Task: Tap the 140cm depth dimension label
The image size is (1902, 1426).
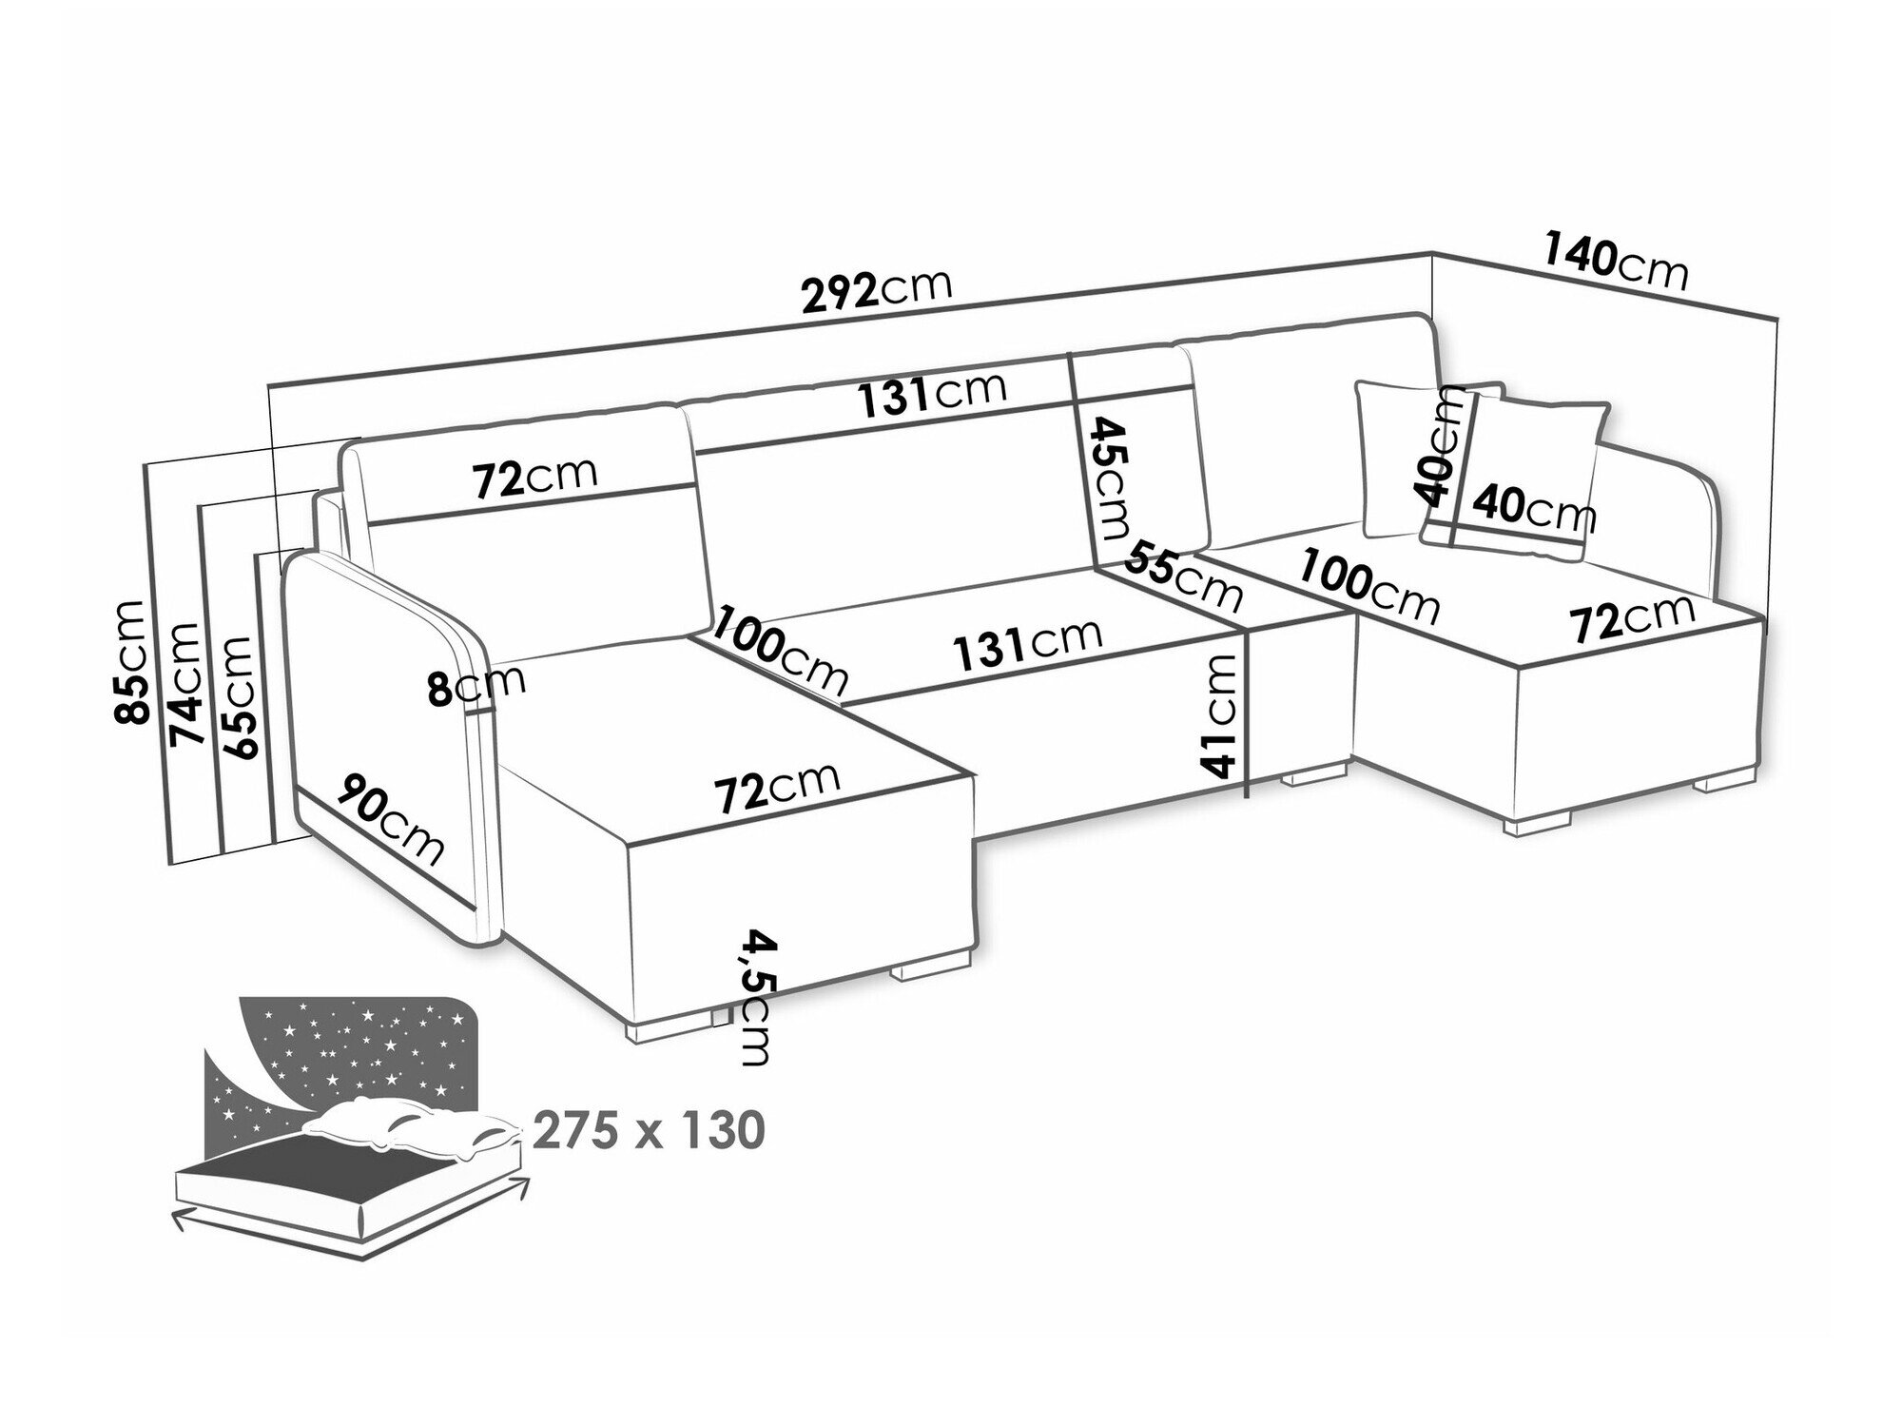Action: coord(1615,264)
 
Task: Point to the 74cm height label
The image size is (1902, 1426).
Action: coord(184,683)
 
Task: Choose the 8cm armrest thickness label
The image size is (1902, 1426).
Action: coord(475,685)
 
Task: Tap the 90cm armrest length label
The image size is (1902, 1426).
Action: coord(393,820)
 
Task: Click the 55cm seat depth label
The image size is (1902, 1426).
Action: coord(1185,576)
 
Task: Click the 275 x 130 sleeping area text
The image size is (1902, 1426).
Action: coord(648,1131)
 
